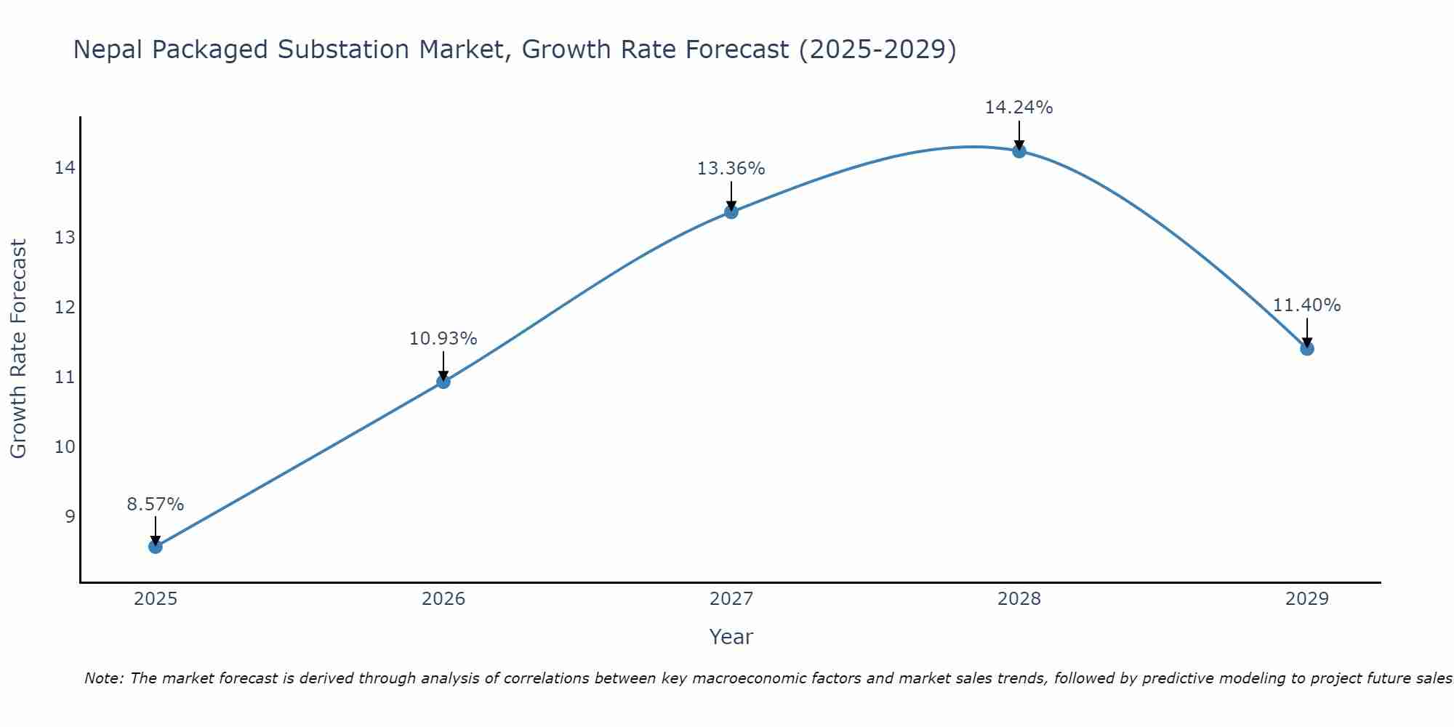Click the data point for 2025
(x=156, y=546)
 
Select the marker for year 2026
(x=443, y=382)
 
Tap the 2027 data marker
(x=731, y=212)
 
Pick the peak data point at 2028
(x=1019, y=151)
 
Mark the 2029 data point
(x=1307, y=348)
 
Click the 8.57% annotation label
(x=156, y=505)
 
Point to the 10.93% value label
(x=443, y=339)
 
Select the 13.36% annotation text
(x=731, y=169)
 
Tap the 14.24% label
(x=1019, y=108)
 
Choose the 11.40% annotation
(x=1307, y=305)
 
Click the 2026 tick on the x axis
(x=443, y=599)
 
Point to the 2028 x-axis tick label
(x=1019, y=599)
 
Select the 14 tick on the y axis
(x=65, y=168)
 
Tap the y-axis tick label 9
(x=70, y=516)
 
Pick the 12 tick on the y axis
(x=65, y=308)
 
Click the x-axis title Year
(x=731, y=637)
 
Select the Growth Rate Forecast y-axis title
(x=19, y=349)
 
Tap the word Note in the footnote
(x=103, y=678)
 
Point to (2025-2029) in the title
(x=877, y=50)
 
